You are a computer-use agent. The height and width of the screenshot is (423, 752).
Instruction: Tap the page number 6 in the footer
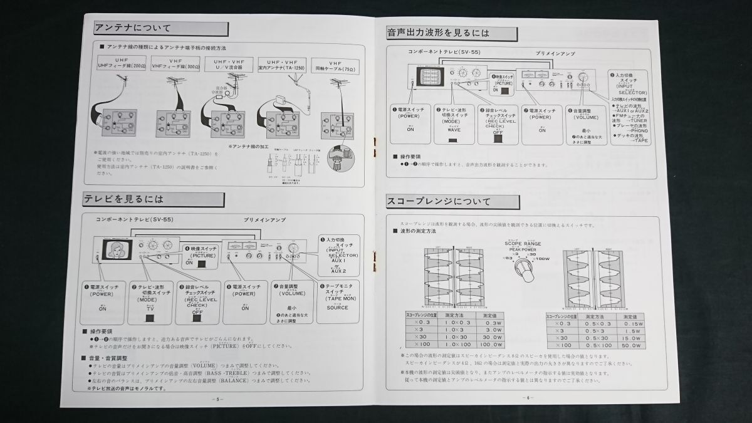pos(528,397)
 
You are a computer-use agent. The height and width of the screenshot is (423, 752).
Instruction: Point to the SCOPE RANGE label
pos(522,243)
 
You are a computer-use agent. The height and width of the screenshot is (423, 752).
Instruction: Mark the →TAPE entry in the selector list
pos(634,141)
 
